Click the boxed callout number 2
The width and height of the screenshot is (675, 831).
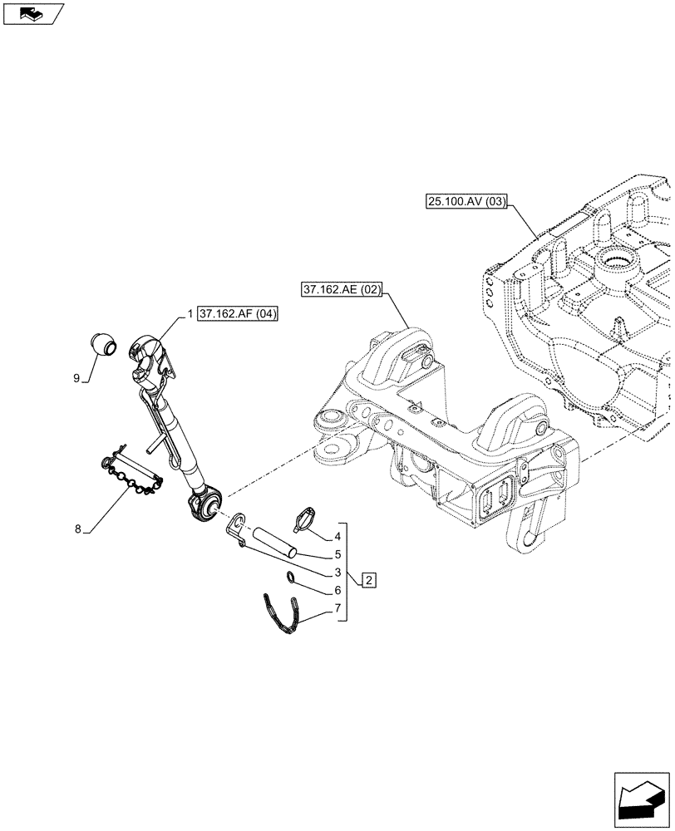point(367,579)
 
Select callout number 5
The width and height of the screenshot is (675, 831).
point(337,554)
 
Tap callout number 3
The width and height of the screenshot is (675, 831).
point(337,572)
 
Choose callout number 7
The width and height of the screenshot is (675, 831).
point(337,608)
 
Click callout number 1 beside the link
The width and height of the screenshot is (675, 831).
point(190,314)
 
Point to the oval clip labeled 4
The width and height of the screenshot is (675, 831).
point(306,519)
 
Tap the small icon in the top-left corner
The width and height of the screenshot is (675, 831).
point(32,12)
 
